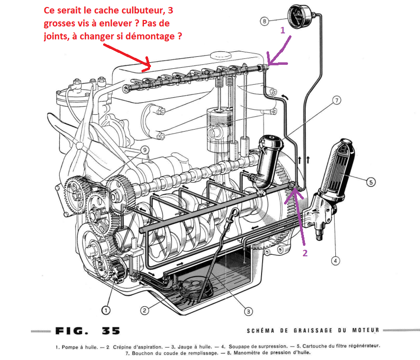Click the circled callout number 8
[x=265, y=21]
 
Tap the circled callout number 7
[x=337, y=101]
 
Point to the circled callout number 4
[x=336, y=260]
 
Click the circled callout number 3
[x=248, y=312]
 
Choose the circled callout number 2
[x=144, y=310]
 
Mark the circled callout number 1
[x=106, y=310]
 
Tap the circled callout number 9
[x=144, y=150]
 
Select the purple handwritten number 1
[x=282, y=30]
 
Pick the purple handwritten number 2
[x=305, y=253]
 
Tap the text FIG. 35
[x=86, y=331]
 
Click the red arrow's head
[x=149, y=66]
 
